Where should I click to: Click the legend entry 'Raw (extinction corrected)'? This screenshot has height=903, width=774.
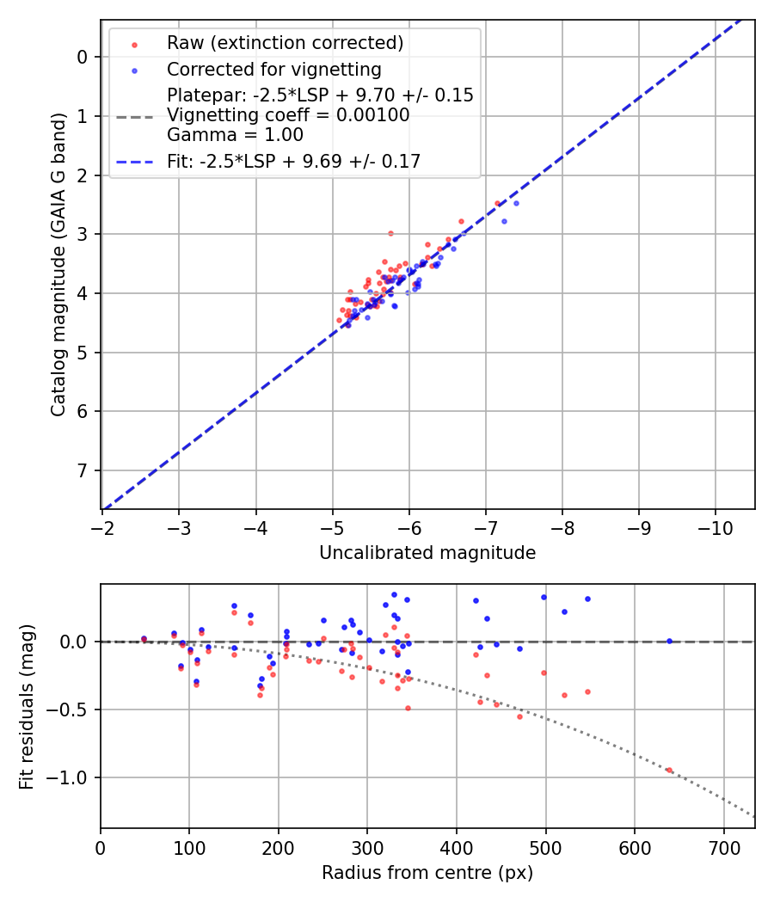click(x=285, y=43)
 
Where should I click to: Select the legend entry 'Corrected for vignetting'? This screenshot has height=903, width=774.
click(x=273, y=69)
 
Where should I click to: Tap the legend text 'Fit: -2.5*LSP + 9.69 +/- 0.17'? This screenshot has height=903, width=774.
click(x=293, y=161)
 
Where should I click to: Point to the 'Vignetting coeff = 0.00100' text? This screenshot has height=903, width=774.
click(x=288, y=115)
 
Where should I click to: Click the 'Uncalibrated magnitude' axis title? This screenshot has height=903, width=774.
click(x=427, y=553)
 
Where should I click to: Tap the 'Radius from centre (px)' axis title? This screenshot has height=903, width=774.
click(x=427, y=873)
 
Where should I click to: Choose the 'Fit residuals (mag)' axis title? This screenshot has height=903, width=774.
click(x=27, y=706)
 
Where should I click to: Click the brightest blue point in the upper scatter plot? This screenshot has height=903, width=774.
click(x=516, y=203)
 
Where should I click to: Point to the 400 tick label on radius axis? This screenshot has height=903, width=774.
click(x=457, y=846)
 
